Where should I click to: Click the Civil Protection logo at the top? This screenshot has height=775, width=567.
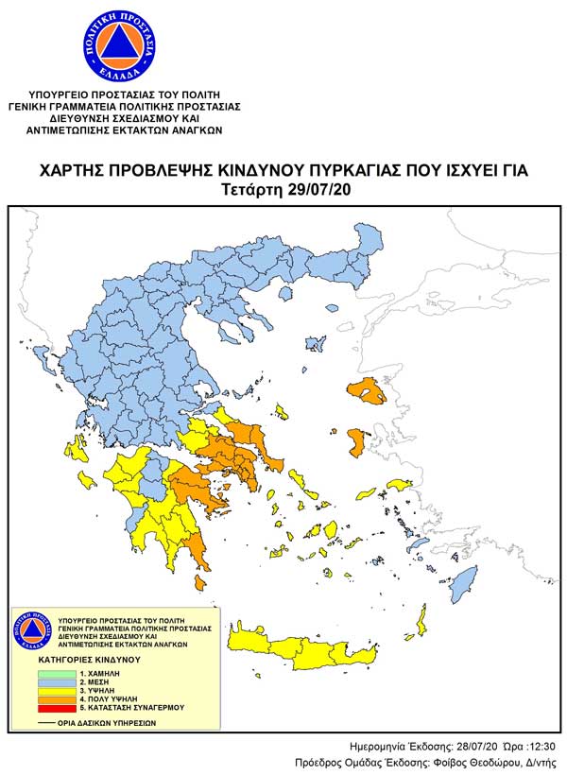click(x=112, y=43)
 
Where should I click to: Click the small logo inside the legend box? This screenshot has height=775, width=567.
click(x=30, y=629)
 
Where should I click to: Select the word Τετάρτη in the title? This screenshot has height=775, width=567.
click(x=250, y=189)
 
